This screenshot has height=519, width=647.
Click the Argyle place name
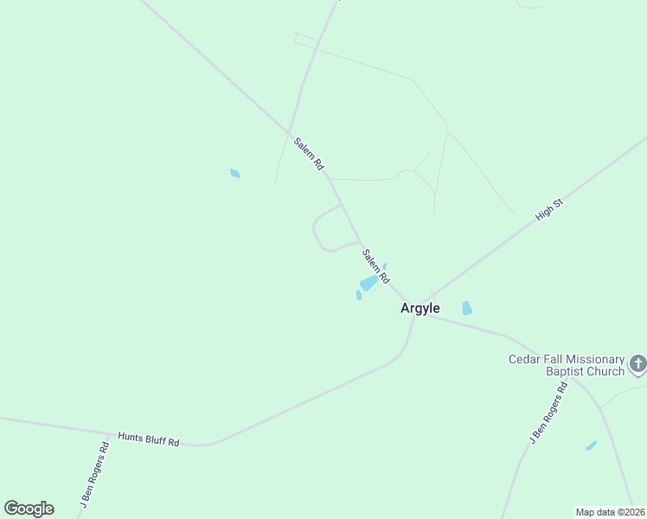420,309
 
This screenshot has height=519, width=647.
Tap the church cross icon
638,363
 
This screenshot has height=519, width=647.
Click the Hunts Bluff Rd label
149,440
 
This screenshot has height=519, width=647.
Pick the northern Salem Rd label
308,153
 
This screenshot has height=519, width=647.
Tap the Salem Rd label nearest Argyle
376,266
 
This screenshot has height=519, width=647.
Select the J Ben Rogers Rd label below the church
548,413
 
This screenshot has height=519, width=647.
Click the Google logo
29,509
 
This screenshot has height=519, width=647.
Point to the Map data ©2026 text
611,511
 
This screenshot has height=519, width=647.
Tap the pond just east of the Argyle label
467,308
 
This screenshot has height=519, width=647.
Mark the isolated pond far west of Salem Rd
234,174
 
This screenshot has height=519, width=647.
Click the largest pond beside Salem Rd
369,283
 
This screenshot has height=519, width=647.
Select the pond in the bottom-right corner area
591,445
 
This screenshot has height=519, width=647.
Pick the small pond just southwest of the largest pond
358,295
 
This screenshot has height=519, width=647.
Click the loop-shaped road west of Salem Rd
315,232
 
